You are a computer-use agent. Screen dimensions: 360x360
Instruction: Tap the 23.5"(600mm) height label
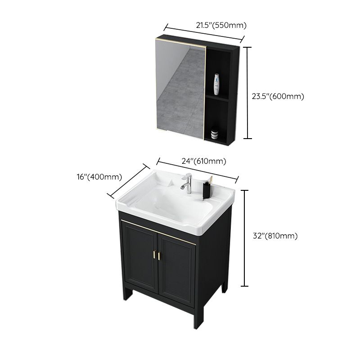point(278,96)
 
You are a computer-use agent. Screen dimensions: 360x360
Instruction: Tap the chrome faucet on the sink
point(185,184)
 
